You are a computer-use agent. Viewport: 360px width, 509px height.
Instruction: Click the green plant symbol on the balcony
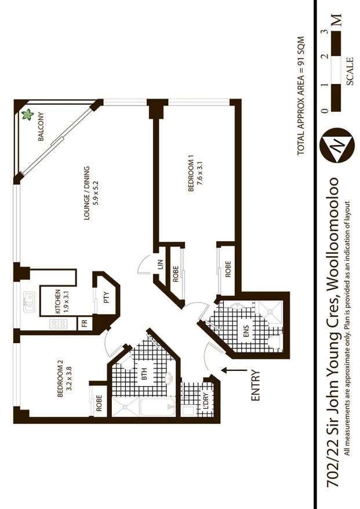click(x=27, y=115)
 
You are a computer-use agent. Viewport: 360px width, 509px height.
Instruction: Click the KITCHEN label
click(x=57, y=301)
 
